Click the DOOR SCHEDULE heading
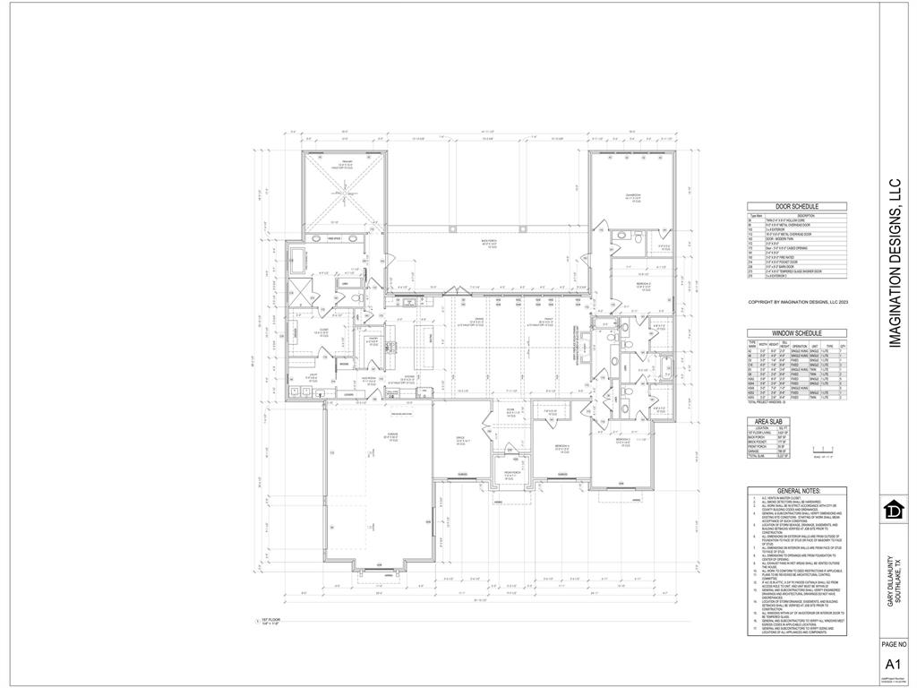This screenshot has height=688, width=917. click(x=796, y=207)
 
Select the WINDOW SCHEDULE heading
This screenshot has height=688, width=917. click(x=796, y=332)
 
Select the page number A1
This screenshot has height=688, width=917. click(x=893, y=664)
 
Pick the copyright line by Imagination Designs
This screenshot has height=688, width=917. click(x=796, y=303)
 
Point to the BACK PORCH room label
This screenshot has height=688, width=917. click(x=488, y=243)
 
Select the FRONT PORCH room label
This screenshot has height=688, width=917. click(x=509, y=473)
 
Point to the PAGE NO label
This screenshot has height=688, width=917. click(x=893, y=644)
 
